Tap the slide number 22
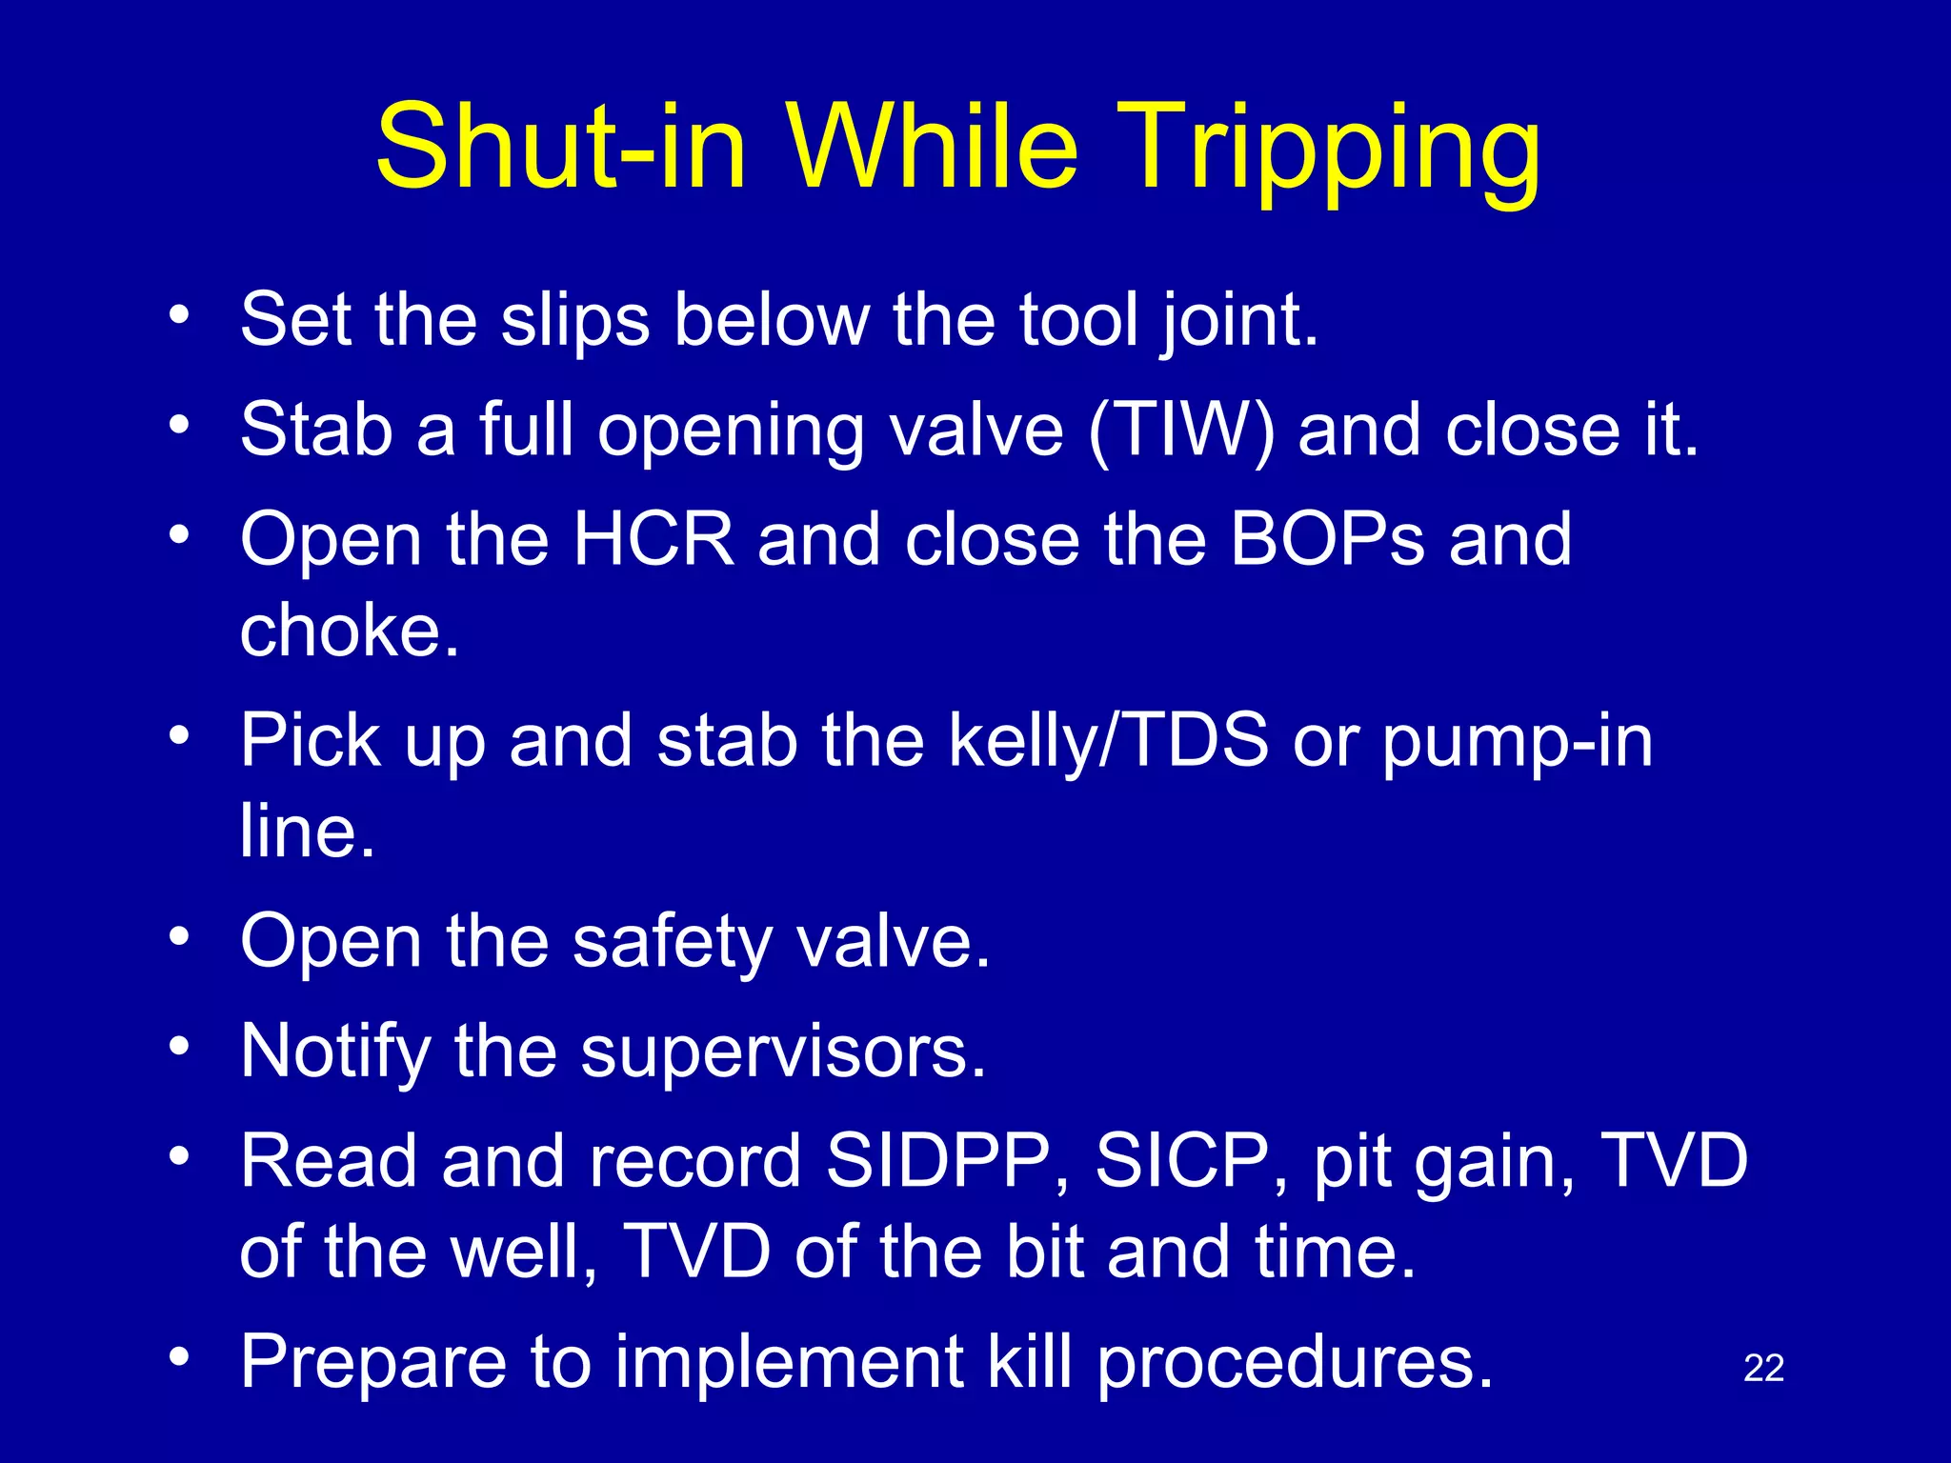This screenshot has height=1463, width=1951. [x=1763, y=1369]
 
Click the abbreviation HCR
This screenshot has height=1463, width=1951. [x=654, y=540]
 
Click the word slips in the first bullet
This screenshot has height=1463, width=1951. [x=575, y=320]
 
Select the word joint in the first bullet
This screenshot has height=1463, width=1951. [x=1238, y=320]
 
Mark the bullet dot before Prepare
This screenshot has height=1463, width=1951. [x=179, y=1356]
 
